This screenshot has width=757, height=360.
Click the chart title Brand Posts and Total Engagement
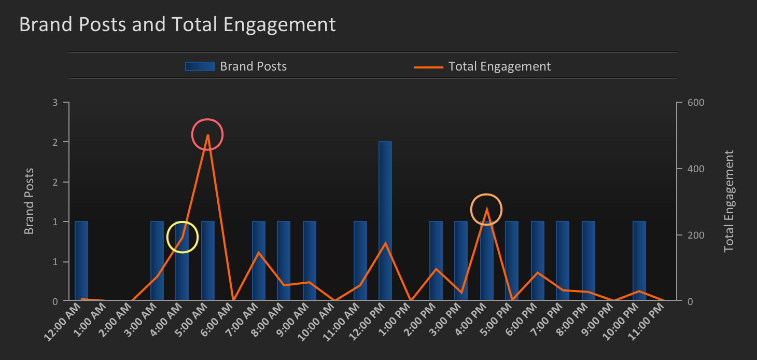[x=177, y=24]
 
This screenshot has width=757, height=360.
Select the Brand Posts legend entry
[x=236, y=66]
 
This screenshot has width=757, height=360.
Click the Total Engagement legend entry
[x=482, y=66]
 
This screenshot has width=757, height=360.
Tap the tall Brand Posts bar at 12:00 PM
[x=385, y=220]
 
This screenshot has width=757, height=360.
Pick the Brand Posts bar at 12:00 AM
[x=81, y=261]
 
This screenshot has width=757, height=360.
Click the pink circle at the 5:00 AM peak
[x=207, y=134]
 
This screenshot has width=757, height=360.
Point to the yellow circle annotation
[x=183, y=237]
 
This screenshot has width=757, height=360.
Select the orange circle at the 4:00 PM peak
[x=486, y=210]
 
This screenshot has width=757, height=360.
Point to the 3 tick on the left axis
[x=55, y=102]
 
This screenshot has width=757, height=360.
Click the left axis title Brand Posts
[x=29, y=201]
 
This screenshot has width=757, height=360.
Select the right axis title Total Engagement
[x=730, y=201]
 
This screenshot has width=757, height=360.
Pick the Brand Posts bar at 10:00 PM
[x=639, y=261]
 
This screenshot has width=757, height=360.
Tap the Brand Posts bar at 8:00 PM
[x=588, y=261]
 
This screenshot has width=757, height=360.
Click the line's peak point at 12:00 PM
[x=385, y=243]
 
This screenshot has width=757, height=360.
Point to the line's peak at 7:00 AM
[x=259, y=253]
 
